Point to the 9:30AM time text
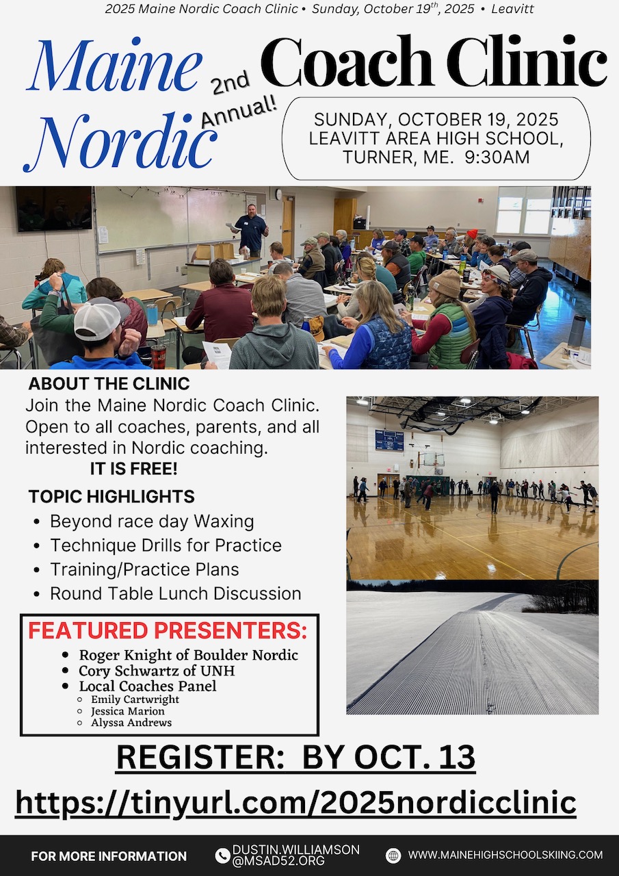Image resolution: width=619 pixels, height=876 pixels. pyautogui.click(x=496, y=157)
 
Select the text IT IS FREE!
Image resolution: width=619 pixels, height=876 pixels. pyautogui.click(x=133, y=469)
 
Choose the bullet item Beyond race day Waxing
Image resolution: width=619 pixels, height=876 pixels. pyautogui.click(x=152, y=521)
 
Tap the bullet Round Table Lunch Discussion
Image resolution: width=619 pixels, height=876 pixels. pyautogui.click(x=175, y=593)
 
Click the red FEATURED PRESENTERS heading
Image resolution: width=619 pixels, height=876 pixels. pyautogui.click(x=168, y=630)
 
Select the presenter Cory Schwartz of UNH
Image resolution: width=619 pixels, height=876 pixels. pyautogui.click(x=157, y=671)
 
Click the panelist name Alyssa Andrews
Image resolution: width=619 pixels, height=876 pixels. pyautogui.click(x=131, y=723)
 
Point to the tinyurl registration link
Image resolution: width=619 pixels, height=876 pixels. pyautogui.click(x=295, y=802)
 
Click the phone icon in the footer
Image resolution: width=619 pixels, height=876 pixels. pyautogui.click(x=222, y=855)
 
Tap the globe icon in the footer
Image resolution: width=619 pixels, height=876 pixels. pyautogui.click(x=393, y=855)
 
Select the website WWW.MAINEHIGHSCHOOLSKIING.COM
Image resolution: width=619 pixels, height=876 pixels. pyautogui.click(x=505, y=855)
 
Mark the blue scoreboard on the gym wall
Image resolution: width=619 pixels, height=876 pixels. pyautogui.click(x=388, y=440)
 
